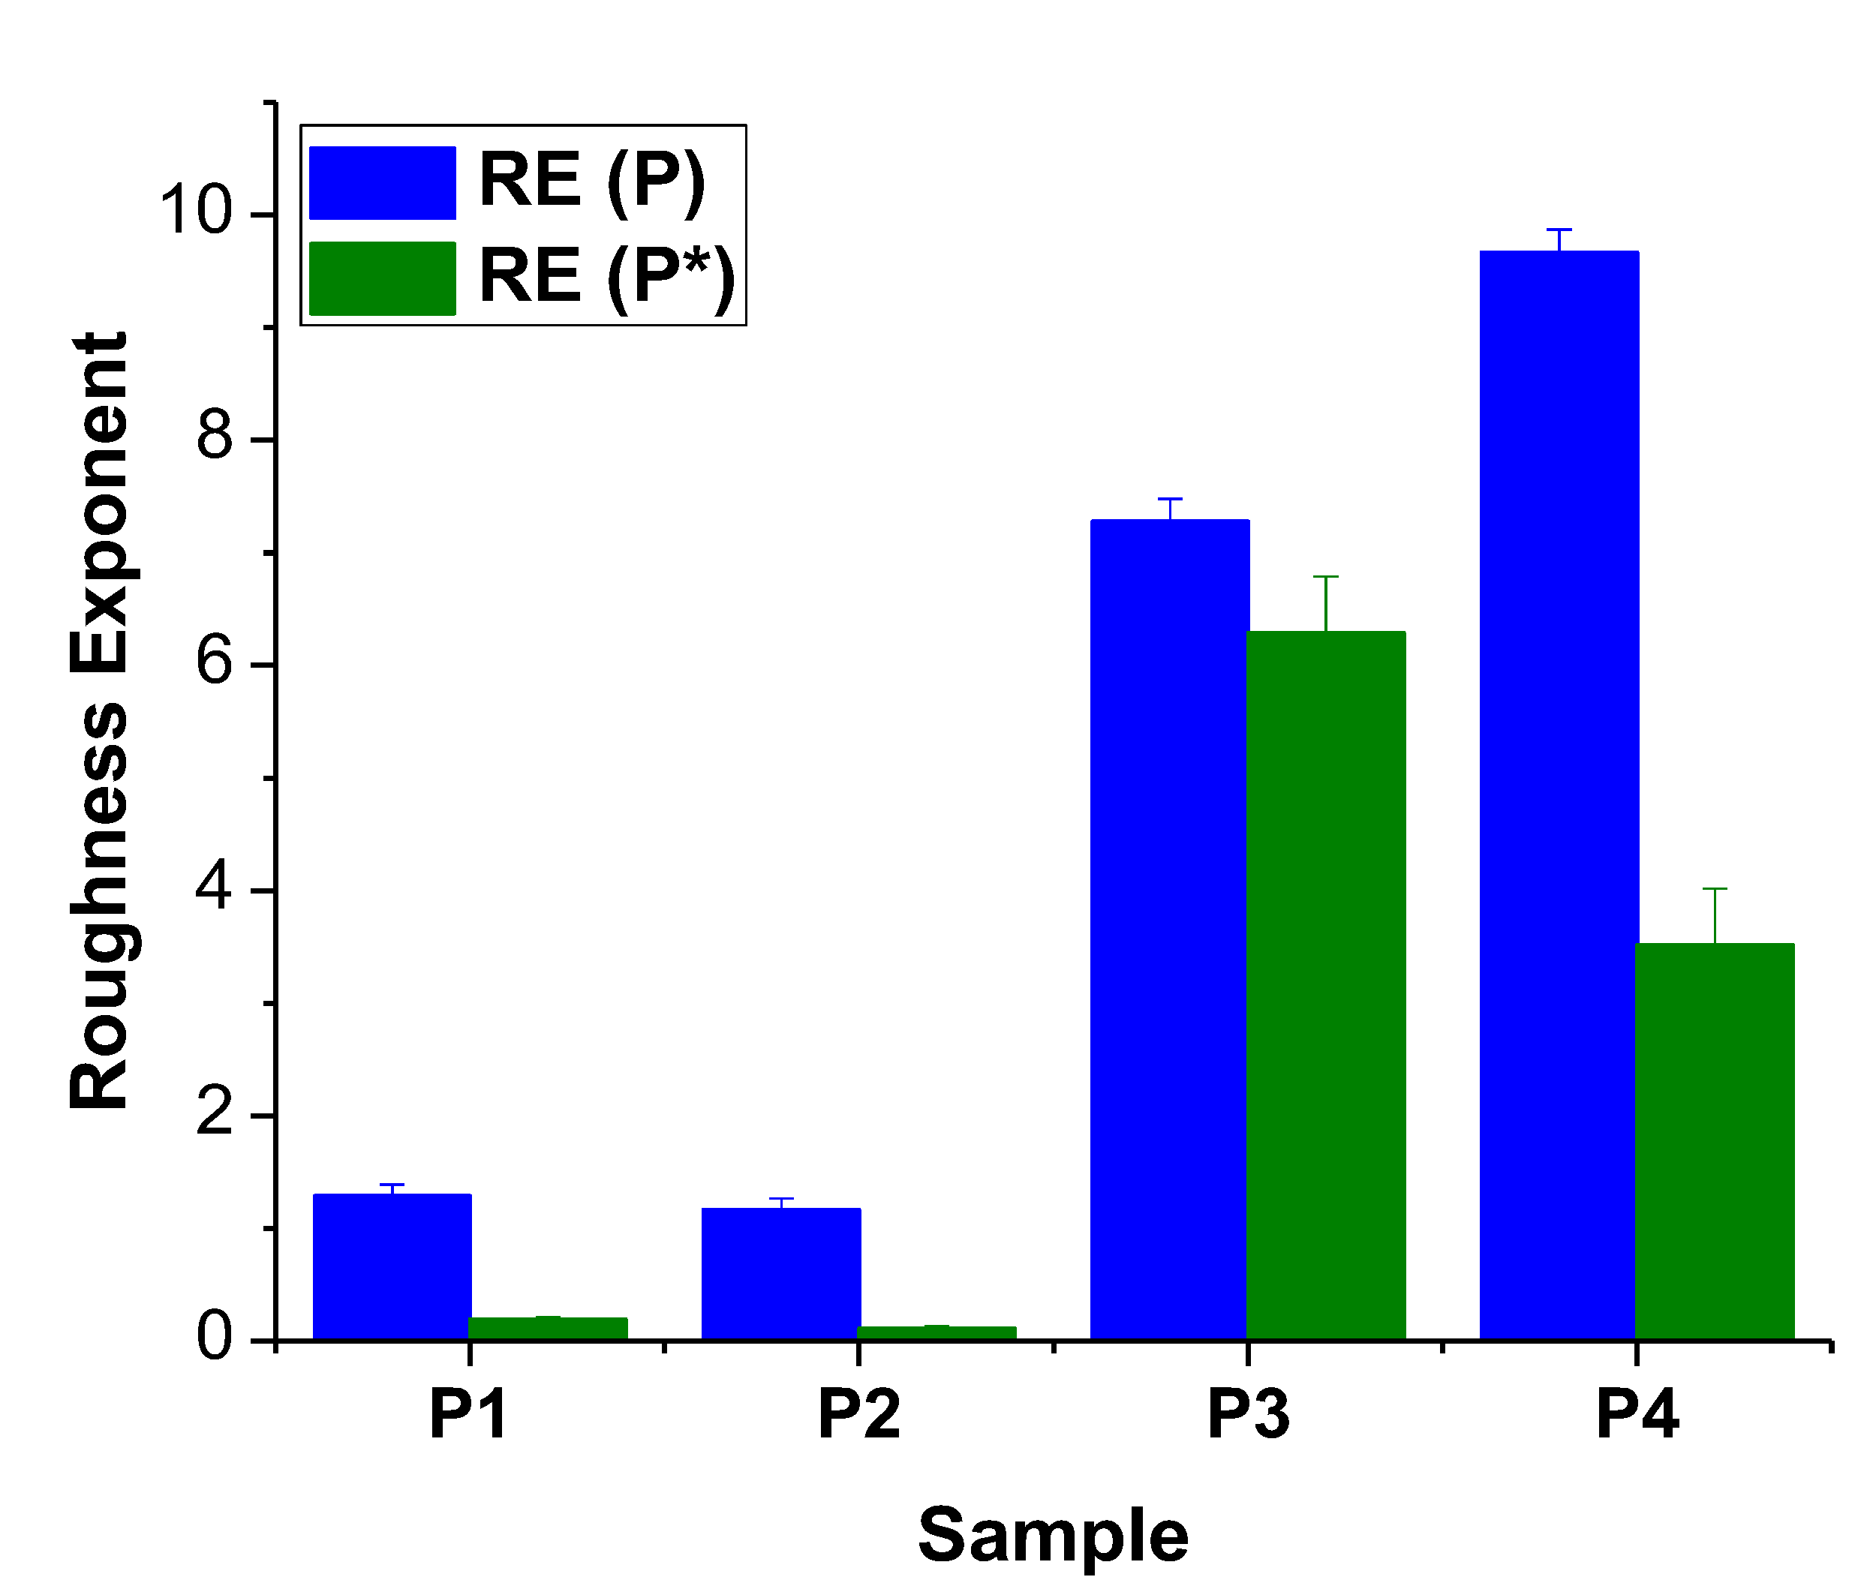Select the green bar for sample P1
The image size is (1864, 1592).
(x=548, y=1328)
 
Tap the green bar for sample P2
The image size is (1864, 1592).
(x=937, y=1332)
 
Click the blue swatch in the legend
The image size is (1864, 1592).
(x=383, y=182)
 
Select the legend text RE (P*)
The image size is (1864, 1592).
(x=607, y=278)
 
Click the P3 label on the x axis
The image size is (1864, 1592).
(x=1248, y=1415)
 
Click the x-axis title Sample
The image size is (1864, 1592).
(x=1053, y=1534)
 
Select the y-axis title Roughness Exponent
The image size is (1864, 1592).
(x=99, y=719)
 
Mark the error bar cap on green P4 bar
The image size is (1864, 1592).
(x=1715, y=888)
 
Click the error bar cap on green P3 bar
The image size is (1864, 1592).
(x=1326, y=576)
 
